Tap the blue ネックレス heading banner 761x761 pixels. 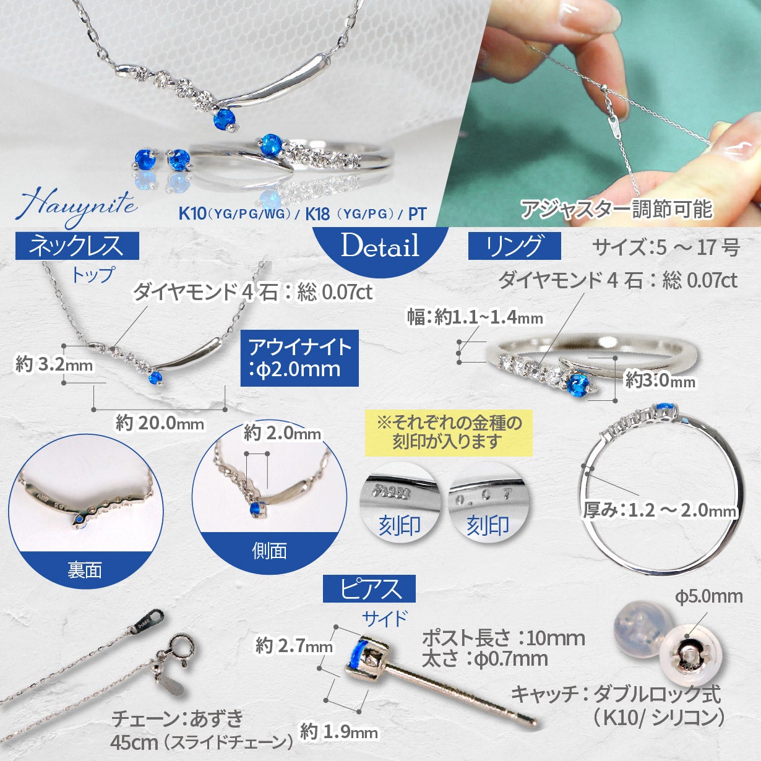[x=77, y=246]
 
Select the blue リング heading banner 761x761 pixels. [x=514, y=246]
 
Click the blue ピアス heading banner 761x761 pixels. [x=369, y=588]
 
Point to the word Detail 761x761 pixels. [x=380, y=246]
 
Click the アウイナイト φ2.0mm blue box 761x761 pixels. [x=299, y=358]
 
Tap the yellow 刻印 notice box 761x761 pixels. [x=449, y=432]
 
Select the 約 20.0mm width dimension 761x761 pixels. [x=160, y=424]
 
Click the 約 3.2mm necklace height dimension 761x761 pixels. [x=54, y=364]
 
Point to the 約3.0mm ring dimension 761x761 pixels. [x=660, y=380]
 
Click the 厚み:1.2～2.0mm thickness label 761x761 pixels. [x=660, y=510]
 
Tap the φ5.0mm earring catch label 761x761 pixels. [x=708, y=596]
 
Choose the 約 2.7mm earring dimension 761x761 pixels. [x=294, y=647]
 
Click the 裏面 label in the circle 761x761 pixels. [x=85, y=570]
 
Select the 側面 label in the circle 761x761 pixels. [x=269, y=550]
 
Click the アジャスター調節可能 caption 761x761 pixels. [x=616, y=209]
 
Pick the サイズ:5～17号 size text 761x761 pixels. [x=666, y=247]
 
